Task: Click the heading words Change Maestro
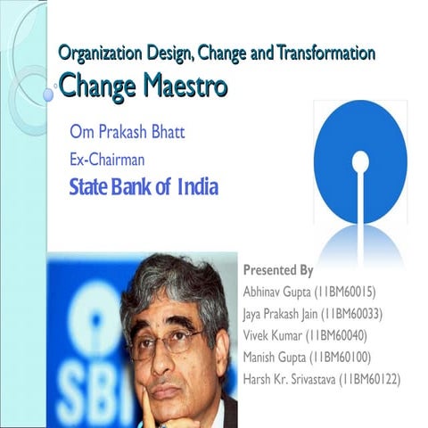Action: tap(143, 86)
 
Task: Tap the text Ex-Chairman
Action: tap(107, 160)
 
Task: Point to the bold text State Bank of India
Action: tap(144, 188)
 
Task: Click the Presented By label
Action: tap(277, 270)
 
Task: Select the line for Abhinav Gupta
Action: tap(308, 292)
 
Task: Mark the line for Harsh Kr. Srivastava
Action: tap(322, 380)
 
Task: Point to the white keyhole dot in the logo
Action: tap(359, 162)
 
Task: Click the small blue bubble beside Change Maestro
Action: tap(47, 94)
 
